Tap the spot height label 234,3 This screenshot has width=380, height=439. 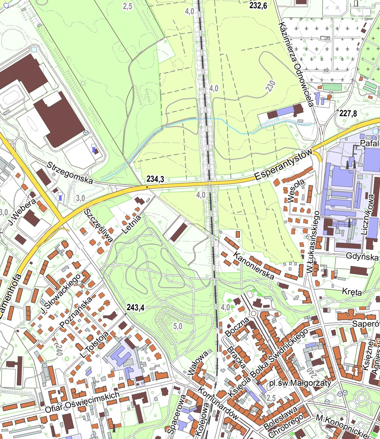point(155,179)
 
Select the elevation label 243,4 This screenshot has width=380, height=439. point(136,307)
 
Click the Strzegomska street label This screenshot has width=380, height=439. point(70,173)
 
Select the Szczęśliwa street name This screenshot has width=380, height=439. point(98,225)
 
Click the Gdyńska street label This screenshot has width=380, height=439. point(363,257)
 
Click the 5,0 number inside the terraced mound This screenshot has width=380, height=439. point(178,326)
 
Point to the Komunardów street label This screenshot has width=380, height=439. point(218,404)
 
